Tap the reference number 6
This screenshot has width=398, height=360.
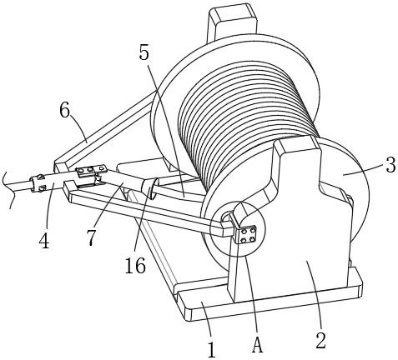tap(64, 111)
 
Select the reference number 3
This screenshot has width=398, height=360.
tap(390, 166)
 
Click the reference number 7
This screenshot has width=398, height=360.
tap(91, 238)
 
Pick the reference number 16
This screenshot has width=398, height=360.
tap(135, 266)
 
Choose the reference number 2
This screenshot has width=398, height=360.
tap(320, 341)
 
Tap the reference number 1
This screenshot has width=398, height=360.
tap(212, 351)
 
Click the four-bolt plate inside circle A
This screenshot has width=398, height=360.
tap(246, 235)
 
